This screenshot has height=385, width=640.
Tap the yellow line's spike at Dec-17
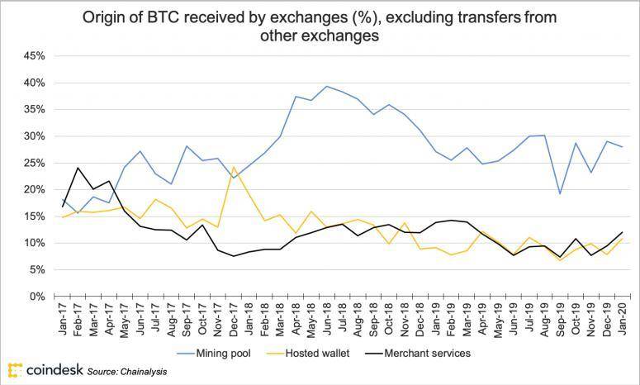pos(234,167)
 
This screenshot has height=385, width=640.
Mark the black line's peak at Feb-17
pos(78,168)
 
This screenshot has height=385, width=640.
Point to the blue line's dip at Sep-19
pos(561,193)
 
